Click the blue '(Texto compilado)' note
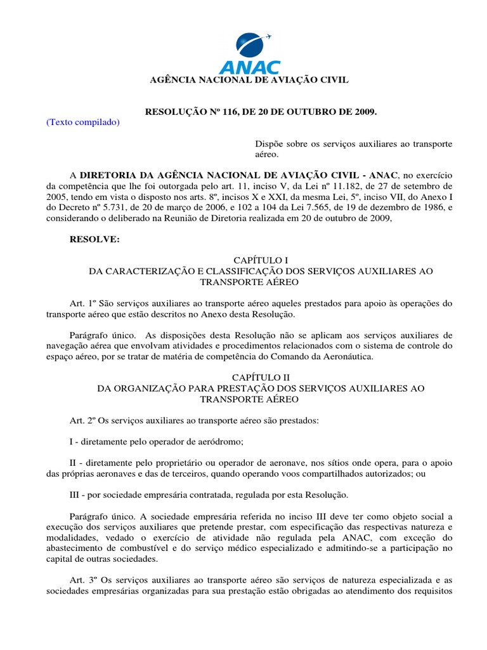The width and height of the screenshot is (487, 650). click(83, 122)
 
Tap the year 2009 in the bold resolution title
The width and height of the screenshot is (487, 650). click(363, 112)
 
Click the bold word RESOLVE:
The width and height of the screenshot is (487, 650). click(94, 239)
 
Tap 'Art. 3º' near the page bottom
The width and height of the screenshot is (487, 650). click(82, 580)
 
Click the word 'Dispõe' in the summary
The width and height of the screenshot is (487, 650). click(268, 143)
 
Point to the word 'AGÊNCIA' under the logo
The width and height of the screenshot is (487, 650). click(171, 80)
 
